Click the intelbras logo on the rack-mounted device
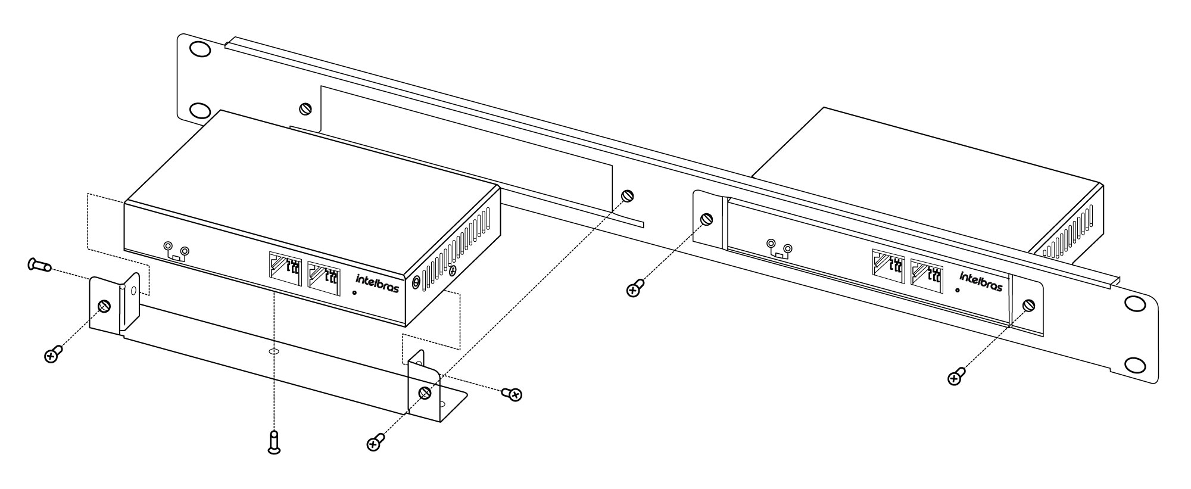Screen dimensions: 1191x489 pyautogui.click(x=981, y=281)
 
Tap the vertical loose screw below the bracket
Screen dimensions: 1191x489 pyautogui.click(x=274, y=442)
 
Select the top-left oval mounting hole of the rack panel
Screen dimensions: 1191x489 pyautogui.click(x=201, y=48)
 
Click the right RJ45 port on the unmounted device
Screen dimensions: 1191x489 pyautogui.click(x=324, y=278)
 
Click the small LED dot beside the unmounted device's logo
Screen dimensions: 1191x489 pyautogui.click(x=356, y=292)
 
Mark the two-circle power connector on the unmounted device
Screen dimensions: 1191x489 pyautogui.click(x=177, y=252)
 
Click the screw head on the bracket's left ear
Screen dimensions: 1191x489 pyautogui.click(x=104, y=306)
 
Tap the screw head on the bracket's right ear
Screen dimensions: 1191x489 pyautogui.click(x=425, y=393)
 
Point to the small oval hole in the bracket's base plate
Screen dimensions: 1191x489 pyautogui.click(x=273, y=352)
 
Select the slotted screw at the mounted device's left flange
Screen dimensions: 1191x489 pyautogui.click(x=707, y=219)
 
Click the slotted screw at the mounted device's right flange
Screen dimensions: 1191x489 pyautogui.click(x=1028, y=306)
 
